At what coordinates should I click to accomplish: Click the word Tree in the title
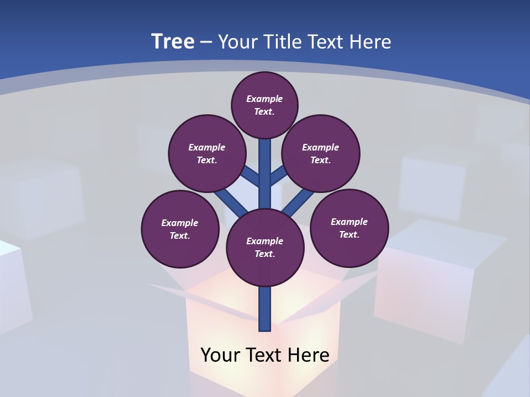(x=173, y=41)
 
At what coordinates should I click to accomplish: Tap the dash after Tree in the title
(x=206, y=42)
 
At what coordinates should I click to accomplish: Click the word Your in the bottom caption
(x=219, y=355)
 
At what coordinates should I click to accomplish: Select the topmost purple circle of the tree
(x=264, y=105)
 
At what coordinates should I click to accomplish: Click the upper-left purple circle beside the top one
(x=207, y=153)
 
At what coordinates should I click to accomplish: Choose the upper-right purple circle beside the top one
(x=321, y=153)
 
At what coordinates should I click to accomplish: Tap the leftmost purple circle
(x=180, y=229)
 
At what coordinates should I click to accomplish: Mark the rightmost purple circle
(x=349, y=228)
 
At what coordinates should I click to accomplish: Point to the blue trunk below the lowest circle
(x=265, y=309)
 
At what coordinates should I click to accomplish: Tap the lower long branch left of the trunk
(x=231, y=202)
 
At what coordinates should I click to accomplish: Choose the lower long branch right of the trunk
(x=299, y=202)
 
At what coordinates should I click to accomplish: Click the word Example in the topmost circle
(x=264, y=99)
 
